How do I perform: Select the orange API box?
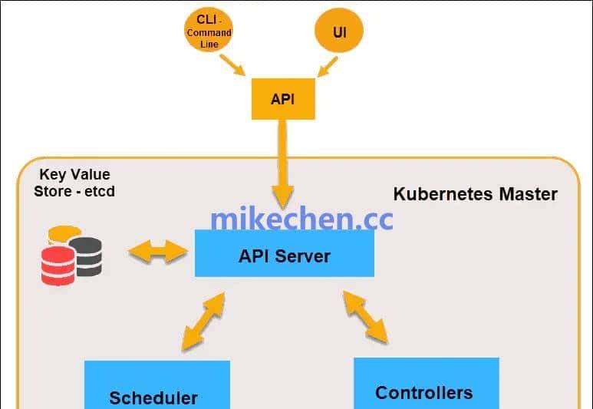[x=283, y=99]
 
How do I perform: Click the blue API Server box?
[x=284, y=254]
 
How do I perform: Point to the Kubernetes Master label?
[x=475, y=193]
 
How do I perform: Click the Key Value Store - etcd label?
[x=74, y=183]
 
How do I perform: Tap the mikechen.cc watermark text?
[x=301, y=219]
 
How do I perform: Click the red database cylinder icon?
[x=58, y=266]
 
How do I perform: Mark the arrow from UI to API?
[x=326, y=67]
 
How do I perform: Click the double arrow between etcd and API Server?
[x=157, y=251]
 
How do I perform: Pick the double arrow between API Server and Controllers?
[x=365, y=315]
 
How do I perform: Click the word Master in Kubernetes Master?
[x=526, y=193]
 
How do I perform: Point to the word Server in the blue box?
[x=304, y=256]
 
